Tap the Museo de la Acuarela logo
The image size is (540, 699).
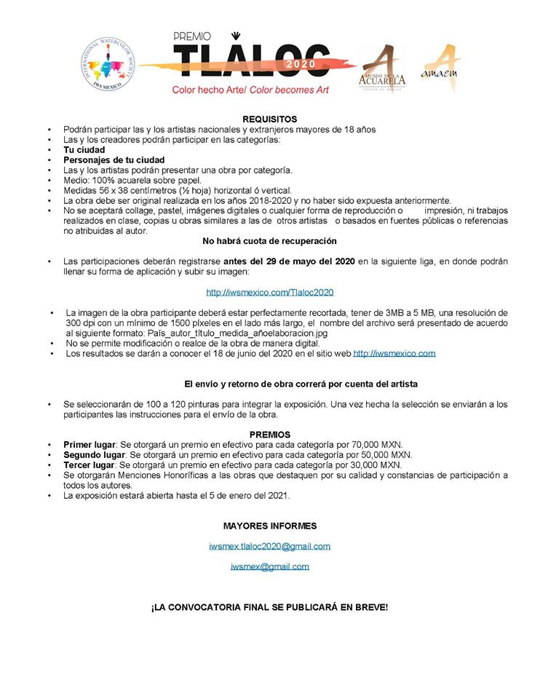click(x=383, y=69)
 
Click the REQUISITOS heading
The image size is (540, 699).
click(x=269, y=119)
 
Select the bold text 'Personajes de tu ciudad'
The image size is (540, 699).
click(x=114, y=159)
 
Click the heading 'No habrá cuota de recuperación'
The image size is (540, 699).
click(x=269, y=240)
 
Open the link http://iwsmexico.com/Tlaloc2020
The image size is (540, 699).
click(x=269, y=292)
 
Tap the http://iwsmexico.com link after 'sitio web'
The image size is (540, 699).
click(x=394, y=354)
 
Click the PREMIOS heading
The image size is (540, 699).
click(x=269, y=435)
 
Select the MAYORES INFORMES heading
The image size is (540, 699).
click(x=269, y=526)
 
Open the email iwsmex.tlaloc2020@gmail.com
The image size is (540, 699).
click(x=269, y=546)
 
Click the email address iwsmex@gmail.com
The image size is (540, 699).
click(x=269, y=566)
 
